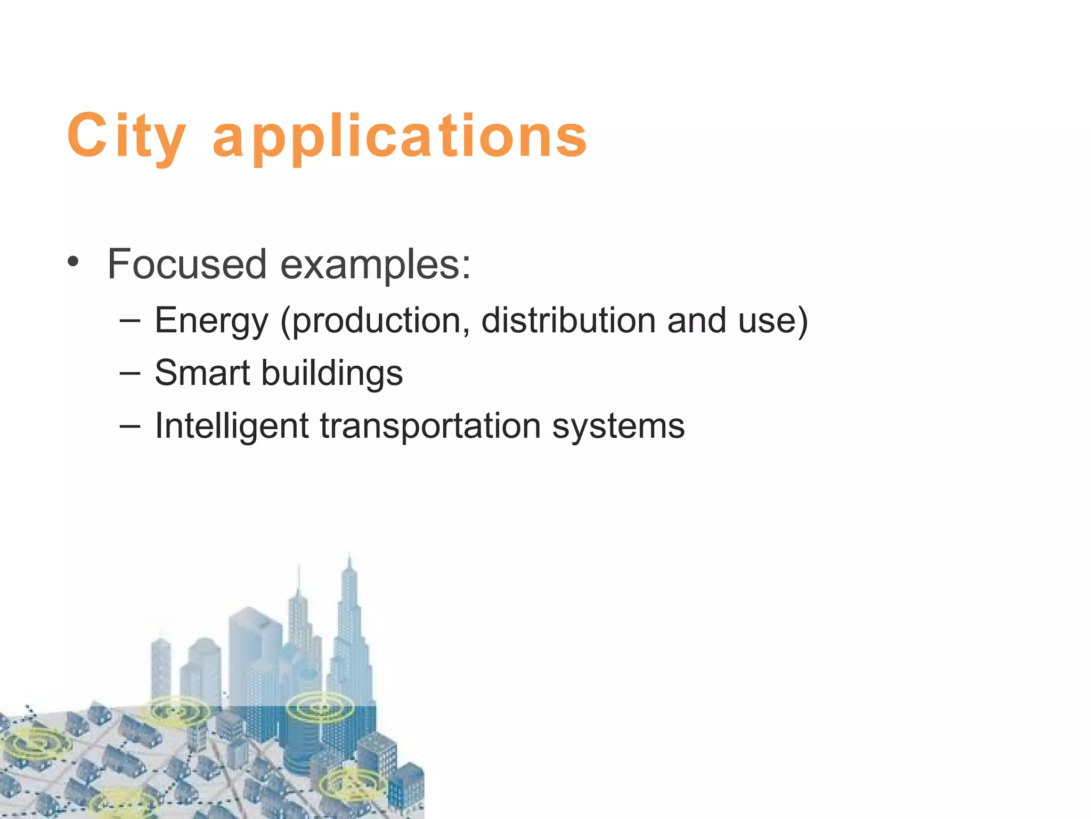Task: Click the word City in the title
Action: [126, 136]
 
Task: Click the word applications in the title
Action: [400, 138]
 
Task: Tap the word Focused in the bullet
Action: [186, 264]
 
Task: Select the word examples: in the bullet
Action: [376, 265]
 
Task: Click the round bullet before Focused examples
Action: [74, 262]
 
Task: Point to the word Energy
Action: [211, 321]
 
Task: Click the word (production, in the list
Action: [375, 321]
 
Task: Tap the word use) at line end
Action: [773, 320]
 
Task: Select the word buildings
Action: [332, 373]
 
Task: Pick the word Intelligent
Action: [232, 426]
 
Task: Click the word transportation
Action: [430, 426]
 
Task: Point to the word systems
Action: [618, 427]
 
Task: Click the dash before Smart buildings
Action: [130, 373]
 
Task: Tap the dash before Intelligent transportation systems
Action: [130, 426]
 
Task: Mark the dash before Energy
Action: [130, 320]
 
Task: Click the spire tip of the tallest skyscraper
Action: [349, 556]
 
